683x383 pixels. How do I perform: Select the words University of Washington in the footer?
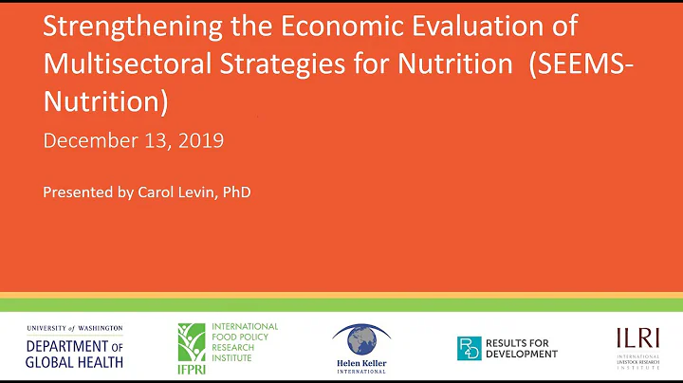75,327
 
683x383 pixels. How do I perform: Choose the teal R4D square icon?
469,348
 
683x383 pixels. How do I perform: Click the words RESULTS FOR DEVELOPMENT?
521,348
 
